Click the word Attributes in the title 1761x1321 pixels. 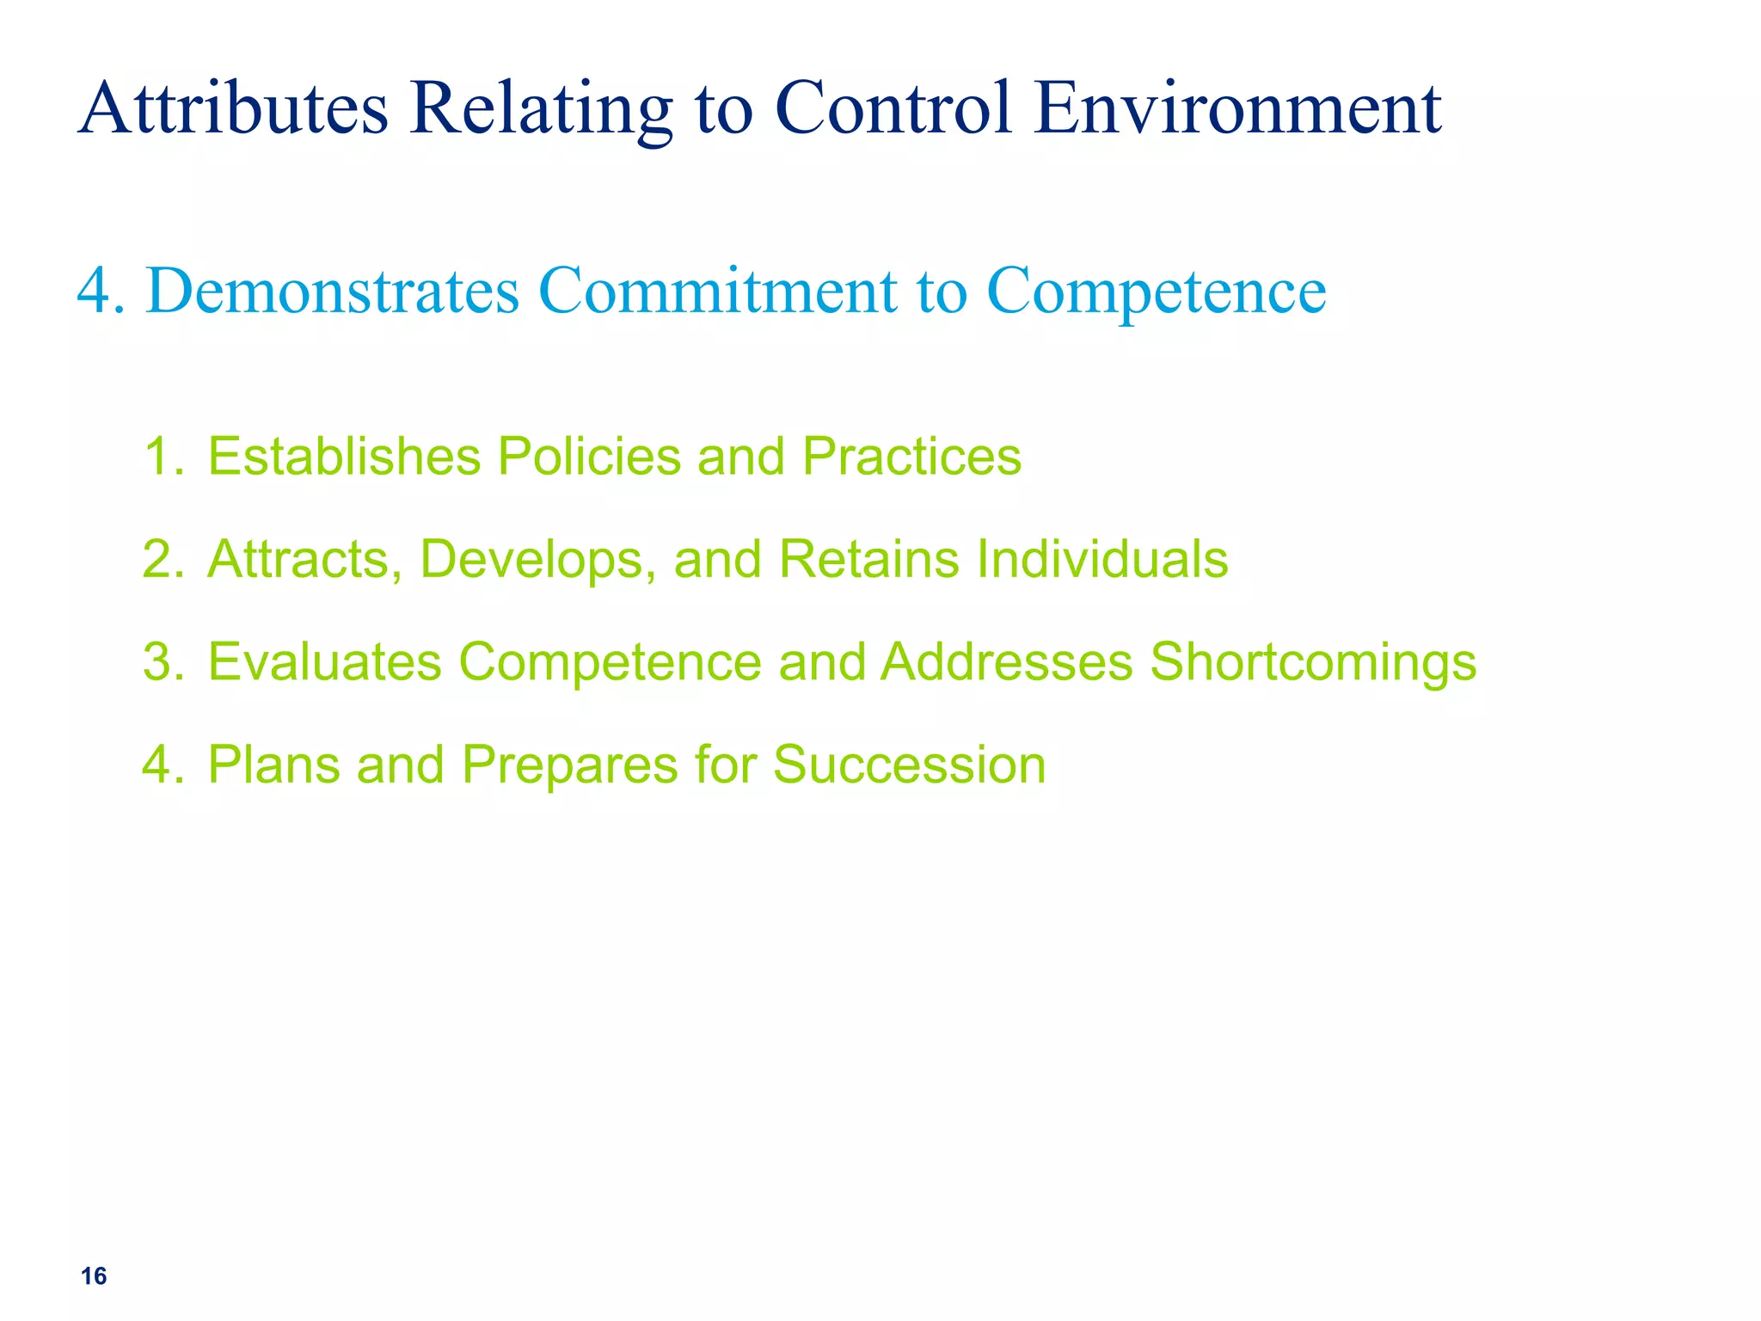pos(233,109)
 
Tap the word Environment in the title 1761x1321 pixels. pos(1238,109)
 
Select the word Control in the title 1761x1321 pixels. pos(894,109)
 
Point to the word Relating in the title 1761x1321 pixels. pos(541,109)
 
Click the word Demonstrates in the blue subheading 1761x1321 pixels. pos(334,291)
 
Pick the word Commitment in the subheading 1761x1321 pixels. pos(718,291)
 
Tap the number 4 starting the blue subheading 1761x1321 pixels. pos(95,291)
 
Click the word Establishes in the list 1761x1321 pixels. pos(344,456)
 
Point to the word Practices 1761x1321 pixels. pos(911,456)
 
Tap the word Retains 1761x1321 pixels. pos(868,560)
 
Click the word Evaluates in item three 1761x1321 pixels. pos(324,663)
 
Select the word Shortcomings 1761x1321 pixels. pos(1313,663)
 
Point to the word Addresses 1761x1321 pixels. pos(1007,663)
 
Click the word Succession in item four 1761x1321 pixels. pos(909,765)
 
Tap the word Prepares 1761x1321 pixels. pos(569,765)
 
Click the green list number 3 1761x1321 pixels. pos(159,663)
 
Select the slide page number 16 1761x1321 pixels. pos(94,1276)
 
